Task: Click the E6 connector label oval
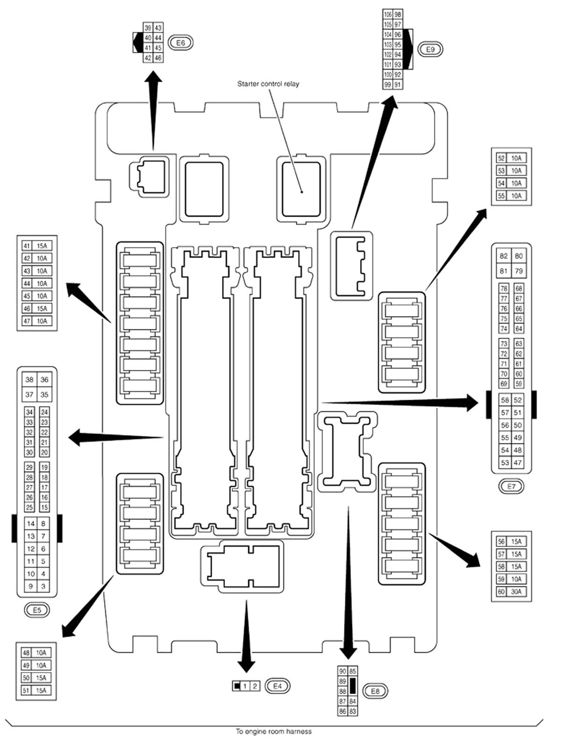point(180,43)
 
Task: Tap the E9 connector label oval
point(430,49)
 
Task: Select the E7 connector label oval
point(511,486)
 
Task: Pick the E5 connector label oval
point(37,610)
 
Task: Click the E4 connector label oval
point(277,686)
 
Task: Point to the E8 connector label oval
point(375,691)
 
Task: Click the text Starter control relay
point(268,84)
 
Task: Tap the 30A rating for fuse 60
point(516,592)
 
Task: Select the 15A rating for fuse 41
point(42,246)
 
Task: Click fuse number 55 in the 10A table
point(501,196)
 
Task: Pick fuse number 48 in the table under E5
point(26,653)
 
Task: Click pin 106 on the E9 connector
point(388,14)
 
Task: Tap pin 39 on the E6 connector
point(148,28)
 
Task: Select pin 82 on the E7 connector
point(503,256)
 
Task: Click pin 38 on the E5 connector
point(29,380)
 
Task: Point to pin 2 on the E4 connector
point(255,687)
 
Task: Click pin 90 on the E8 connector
point(343,671)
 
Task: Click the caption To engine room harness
point(273,731)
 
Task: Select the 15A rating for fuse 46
point(42,309)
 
